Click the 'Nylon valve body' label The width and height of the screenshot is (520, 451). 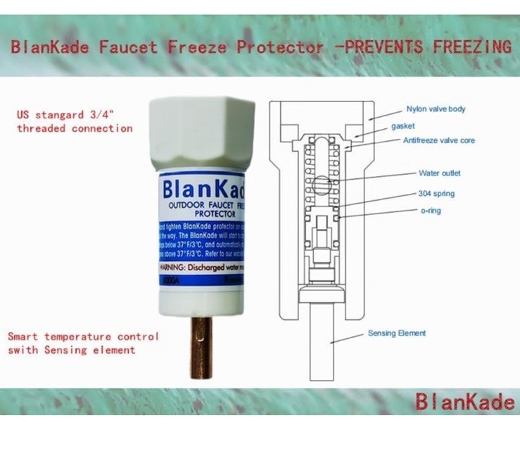click(436, 109)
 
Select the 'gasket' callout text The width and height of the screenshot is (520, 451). click(403, 126)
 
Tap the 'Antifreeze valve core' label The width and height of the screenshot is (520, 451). click(438, 140)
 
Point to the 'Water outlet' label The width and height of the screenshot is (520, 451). click(440, 173)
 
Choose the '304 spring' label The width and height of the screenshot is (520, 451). click(436, 193)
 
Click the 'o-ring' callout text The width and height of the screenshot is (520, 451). click(430, 210)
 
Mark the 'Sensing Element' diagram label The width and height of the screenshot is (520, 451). click(397, 333)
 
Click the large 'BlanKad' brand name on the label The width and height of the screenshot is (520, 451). click(203, 190)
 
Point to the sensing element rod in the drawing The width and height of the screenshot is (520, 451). click(322, 338)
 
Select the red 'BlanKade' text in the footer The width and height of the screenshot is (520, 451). click(464, 402)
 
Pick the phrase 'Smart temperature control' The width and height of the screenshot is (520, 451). click(83, 336)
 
